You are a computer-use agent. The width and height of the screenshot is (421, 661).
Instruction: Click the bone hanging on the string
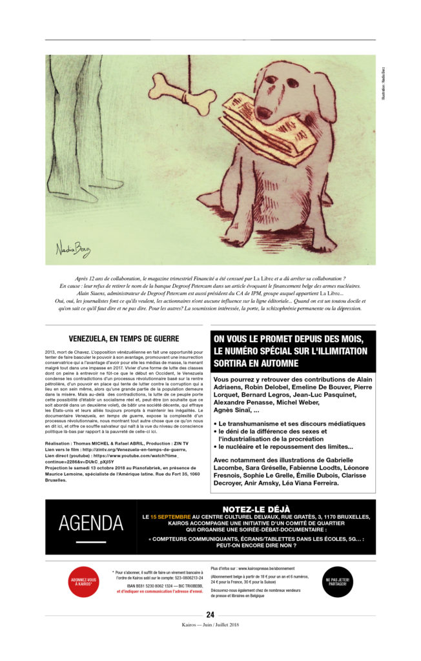click(182, 94)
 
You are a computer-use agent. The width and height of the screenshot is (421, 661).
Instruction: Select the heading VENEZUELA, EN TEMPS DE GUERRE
click(124, 338)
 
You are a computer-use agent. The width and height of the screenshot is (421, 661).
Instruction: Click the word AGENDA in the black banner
click(90, 524)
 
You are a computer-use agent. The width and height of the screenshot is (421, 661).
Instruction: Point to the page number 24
click(211, 615)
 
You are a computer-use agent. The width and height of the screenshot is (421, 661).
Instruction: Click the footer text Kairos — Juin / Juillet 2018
click(211, 624)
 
